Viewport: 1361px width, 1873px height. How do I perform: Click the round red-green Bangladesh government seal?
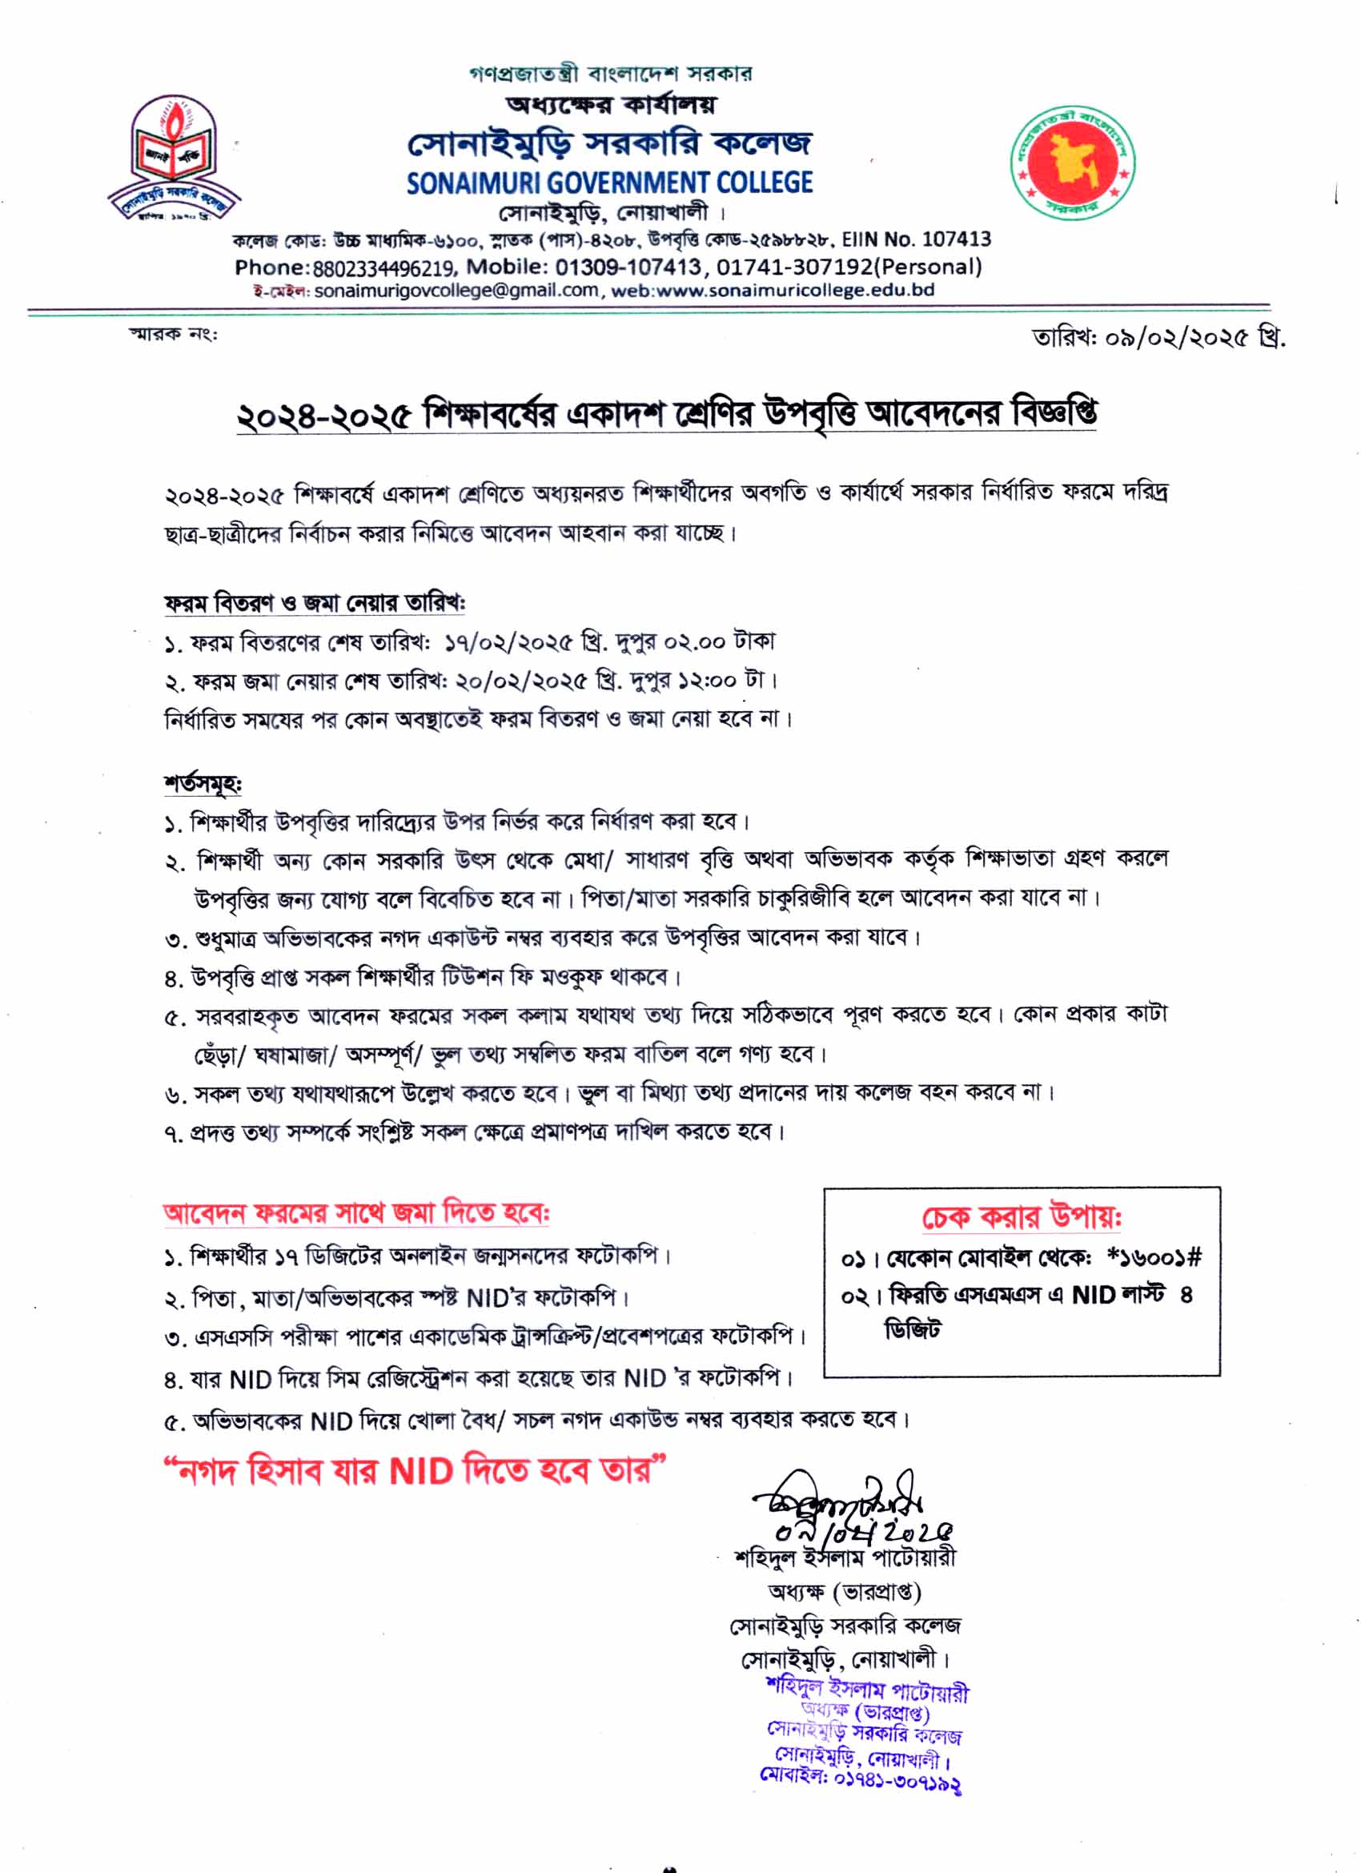1072,161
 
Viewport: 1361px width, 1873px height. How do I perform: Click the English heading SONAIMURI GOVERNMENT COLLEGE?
609,183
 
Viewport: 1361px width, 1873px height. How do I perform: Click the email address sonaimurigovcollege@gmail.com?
456,291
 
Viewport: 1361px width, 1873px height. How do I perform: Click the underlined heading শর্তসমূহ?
203,783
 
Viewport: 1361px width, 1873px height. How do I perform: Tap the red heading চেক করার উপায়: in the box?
1021,1217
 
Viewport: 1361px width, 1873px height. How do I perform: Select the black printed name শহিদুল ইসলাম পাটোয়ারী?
845,1557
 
